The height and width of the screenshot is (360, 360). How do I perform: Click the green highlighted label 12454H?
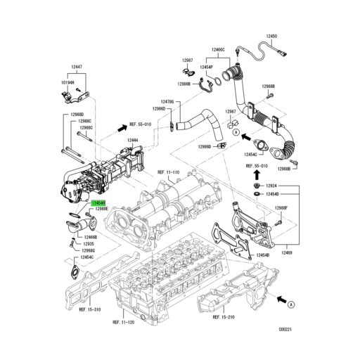[98, 202]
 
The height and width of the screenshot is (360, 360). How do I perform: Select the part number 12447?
[77, 67]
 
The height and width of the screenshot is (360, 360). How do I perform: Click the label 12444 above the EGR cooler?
[133, 141]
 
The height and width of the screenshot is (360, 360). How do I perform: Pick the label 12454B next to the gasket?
[262, 255]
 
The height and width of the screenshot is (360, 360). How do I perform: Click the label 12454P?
[205, 67]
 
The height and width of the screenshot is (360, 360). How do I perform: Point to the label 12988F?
[281, 207]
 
